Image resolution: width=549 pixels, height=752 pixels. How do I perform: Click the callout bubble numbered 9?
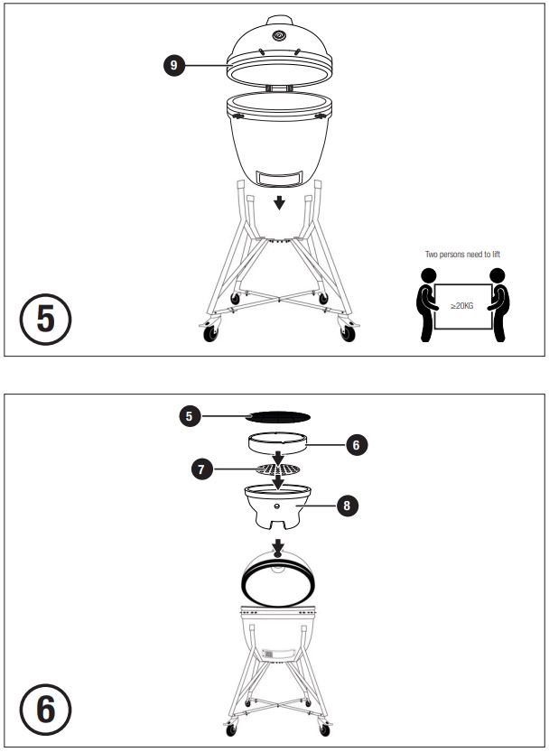tap(174, 65)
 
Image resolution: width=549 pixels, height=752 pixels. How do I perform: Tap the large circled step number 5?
tap(45, 320)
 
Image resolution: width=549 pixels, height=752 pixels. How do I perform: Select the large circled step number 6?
tap(45, 710)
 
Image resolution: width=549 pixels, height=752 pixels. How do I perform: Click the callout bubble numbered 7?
tap(201, 469)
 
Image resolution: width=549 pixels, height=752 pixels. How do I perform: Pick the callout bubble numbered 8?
tap(347, 505)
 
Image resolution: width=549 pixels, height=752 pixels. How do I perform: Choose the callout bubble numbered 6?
tap(356, 445)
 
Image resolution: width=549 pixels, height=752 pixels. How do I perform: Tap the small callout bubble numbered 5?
tap(190, 416)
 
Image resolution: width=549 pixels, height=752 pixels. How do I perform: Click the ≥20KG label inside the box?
tap(462, 305)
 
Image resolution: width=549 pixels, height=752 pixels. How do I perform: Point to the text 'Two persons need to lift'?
tap(462, 255)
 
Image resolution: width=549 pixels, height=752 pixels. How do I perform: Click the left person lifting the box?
tap(427, 304)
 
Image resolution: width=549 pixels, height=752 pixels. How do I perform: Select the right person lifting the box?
tap(498, 304)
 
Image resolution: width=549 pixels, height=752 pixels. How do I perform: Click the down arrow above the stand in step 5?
tap(279, 203)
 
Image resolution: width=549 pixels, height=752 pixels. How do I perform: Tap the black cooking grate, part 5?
tap(278, 417)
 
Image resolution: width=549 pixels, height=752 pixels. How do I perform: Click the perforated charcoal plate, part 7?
tap(278, 469)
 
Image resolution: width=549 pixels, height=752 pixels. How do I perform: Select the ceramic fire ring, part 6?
tap(278, 442)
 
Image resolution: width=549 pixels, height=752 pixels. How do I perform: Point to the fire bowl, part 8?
tap(278, 506)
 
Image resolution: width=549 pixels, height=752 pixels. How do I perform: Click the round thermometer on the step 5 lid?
tap(279, 35)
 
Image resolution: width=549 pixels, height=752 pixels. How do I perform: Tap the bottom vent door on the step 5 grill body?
tap(279, 178)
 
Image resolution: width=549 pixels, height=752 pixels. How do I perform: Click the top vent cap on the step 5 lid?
tap(279, 20)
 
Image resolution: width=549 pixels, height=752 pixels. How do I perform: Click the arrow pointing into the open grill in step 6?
tap(278, 549)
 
